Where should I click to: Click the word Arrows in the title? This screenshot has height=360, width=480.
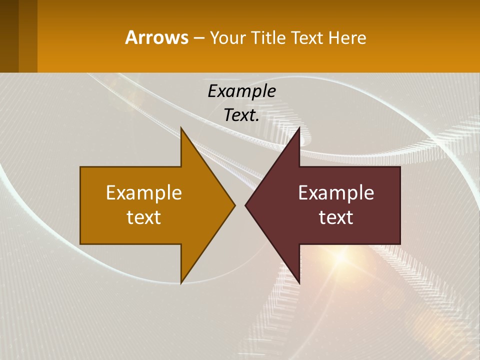[x=156, y=37]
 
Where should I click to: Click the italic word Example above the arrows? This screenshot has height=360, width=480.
[x=241, y=91]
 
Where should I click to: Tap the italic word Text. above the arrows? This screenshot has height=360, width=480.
[x=241, y=115]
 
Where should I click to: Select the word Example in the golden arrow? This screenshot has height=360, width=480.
[x=144, y=192]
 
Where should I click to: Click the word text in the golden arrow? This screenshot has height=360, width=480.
[x=144, y=217]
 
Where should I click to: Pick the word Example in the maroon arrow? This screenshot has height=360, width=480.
[x=336, y=192]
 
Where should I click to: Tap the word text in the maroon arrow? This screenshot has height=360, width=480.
[x=336, y=217]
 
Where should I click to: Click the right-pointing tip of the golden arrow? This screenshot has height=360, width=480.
[x=234, y=205]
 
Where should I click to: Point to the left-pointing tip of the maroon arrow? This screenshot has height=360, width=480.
[x=246, y=205]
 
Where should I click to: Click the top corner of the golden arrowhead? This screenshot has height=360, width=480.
[x=181, y=128]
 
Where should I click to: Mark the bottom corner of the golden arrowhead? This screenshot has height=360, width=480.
[x=181, y=282]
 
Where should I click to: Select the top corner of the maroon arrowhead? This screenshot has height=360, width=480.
[x=299, y=128]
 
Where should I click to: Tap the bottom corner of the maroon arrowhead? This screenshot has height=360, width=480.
[x=299, y=282]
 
